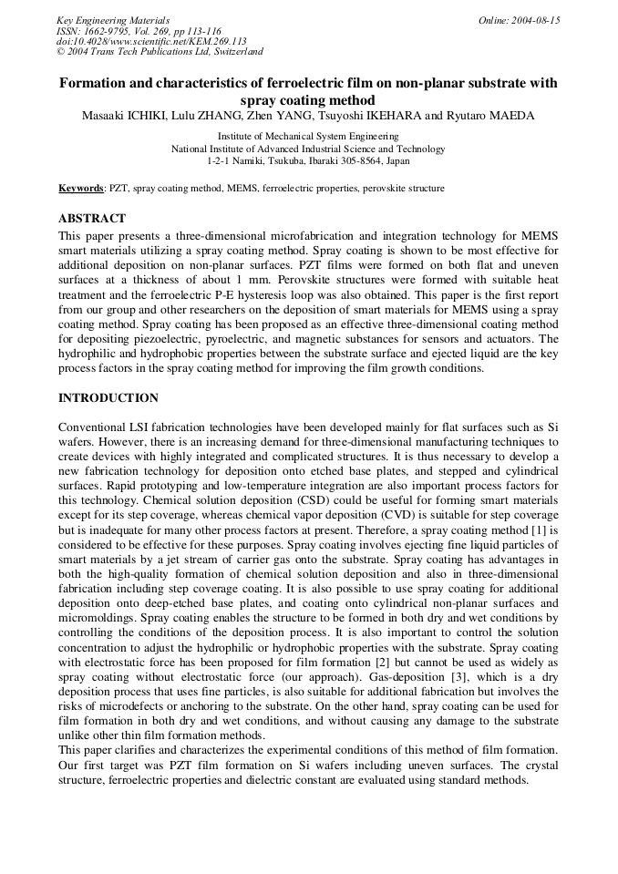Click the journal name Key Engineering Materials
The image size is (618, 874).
112,20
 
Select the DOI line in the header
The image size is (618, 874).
151,41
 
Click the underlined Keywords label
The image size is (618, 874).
81,189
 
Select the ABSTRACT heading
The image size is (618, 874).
91,219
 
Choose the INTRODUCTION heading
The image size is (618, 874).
108,398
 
